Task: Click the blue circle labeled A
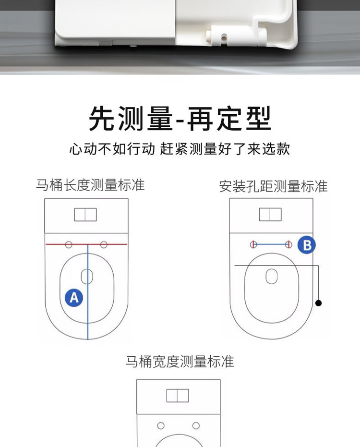(x=74, y=298)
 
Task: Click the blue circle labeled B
(x=307, y=245)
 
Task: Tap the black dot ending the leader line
(x=319, y=303)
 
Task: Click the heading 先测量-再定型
(x=180, y=119)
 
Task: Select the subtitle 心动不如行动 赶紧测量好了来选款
(x=180, y=149)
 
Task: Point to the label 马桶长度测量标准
(x=90, y=185)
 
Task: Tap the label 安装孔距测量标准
(x=273, y=186)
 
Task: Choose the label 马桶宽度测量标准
(x=180, y=362)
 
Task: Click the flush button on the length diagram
(x=85, y=215)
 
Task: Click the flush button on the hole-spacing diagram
(x=270, y=214)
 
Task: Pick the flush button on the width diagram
(x=178, y=396)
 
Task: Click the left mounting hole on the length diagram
(x=69, y=244)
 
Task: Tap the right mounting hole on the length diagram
(x=104, y=244)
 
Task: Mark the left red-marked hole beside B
(x=253, y=244)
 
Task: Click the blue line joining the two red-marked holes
(x=271, y=244)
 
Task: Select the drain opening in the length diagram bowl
(x=87, y=277)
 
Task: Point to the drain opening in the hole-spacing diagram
(x=272, y=276)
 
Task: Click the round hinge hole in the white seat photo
(x=224, y=37)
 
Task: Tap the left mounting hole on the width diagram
(x=161, y=425)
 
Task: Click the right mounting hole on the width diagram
(x=196, y=425)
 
